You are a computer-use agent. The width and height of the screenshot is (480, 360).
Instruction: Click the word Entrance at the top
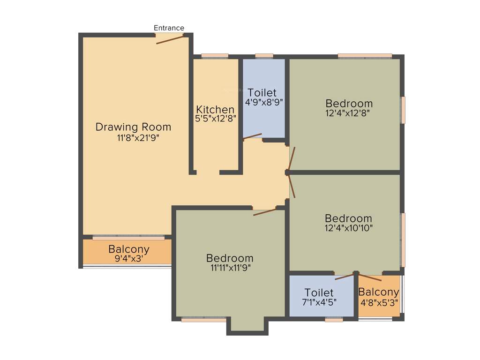(169, 28)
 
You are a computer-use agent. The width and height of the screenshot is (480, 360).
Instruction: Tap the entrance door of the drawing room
(170, 39)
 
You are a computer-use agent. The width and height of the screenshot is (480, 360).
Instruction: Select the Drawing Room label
(133, 127)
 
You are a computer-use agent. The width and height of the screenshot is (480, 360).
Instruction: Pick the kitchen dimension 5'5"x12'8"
(216, 119)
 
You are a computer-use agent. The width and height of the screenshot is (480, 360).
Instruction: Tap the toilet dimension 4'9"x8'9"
(264, 102)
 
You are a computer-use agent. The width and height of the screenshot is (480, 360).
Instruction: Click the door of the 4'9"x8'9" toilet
(252, 136)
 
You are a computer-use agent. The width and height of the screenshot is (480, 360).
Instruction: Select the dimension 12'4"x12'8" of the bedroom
(349, 113)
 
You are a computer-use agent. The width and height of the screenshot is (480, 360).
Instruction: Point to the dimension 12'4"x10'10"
(349, 228)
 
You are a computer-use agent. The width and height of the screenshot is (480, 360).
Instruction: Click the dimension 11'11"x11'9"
(230, 268)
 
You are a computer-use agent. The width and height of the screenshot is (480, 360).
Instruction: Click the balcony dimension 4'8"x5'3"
(379, 302)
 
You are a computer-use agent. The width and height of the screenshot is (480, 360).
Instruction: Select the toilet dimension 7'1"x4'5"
(319, 302)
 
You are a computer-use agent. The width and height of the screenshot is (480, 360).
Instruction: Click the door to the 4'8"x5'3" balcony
(370, 276)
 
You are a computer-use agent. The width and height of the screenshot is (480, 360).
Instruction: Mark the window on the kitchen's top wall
(215, 56)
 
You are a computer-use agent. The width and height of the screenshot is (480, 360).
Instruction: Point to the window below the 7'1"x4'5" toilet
(334, 320)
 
